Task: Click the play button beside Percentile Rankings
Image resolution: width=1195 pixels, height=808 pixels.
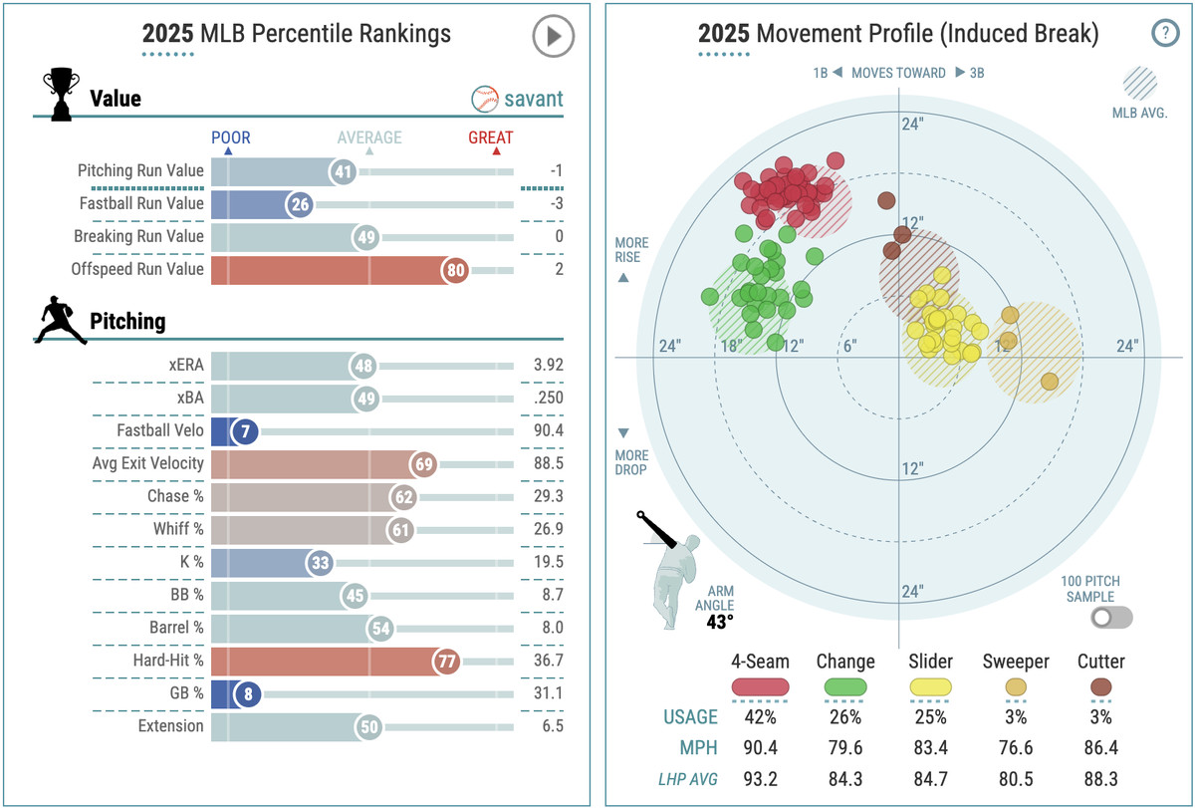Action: point(553,38)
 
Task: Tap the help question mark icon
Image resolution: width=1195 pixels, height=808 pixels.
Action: point(1164,33)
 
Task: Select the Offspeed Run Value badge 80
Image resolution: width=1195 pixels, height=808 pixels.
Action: point(454,269)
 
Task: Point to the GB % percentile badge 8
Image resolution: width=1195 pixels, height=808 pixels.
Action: point(246,693)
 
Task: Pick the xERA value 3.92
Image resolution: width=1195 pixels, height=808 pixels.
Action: point(548,365)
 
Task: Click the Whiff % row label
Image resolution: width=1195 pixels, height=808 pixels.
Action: point(178,529)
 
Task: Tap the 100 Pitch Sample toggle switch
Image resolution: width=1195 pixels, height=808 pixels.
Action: point(1111,618)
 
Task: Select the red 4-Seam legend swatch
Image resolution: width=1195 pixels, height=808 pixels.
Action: point(761,686)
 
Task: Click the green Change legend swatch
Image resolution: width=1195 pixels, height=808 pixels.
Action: point(845,686)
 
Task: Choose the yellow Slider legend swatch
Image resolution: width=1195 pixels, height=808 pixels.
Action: point(930,686)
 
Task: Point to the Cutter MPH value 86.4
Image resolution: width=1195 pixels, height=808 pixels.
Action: point(1100,748)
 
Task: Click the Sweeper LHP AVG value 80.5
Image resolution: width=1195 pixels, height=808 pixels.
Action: point(1016,779)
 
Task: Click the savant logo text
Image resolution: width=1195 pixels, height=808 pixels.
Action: point(533,99)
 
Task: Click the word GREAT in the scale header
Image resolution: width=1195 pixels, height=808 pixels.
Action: point(491,137)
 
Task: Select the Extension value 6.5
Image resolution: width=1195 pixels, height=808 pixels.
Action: point(552,726)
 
